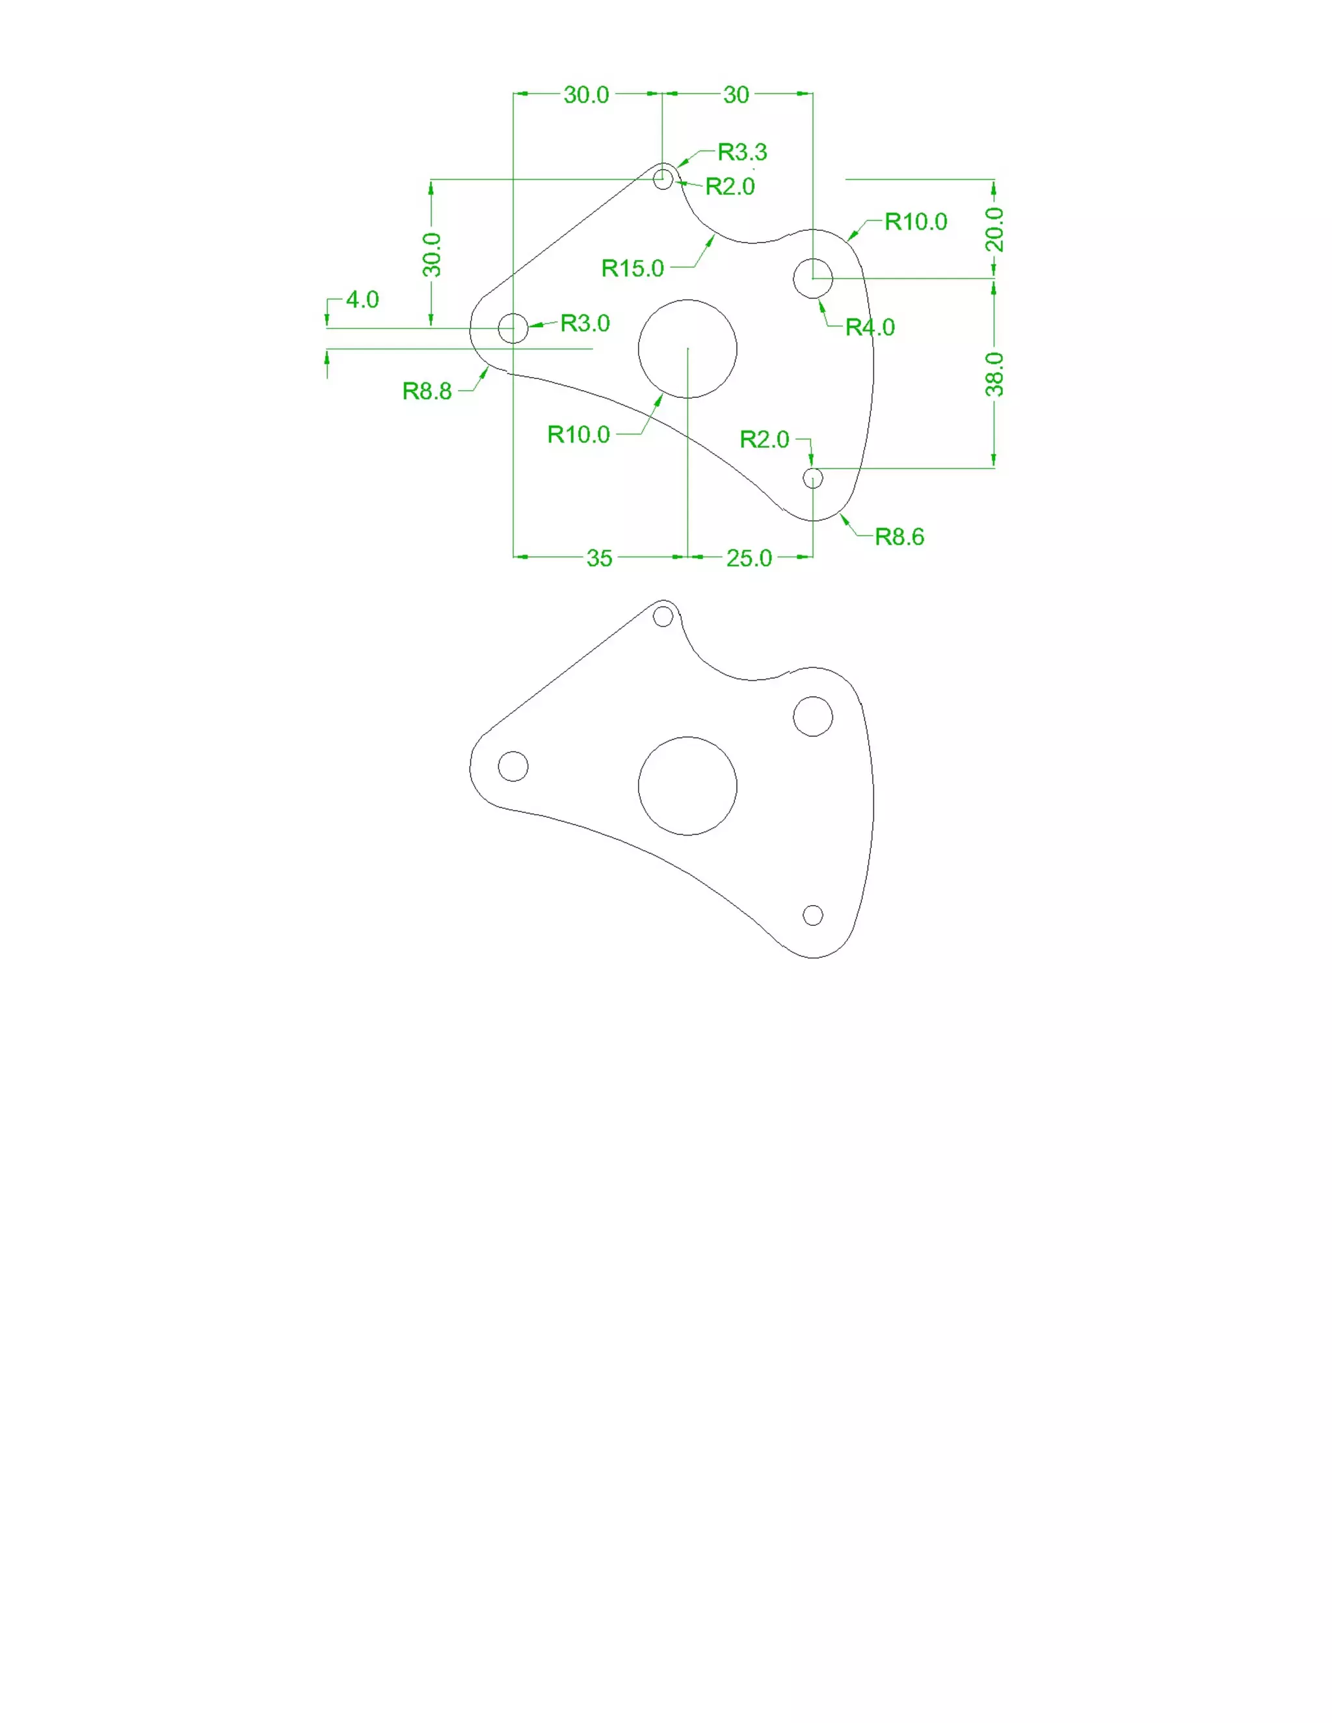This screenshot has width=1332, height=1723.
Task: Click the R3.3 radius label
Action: click(741, 151)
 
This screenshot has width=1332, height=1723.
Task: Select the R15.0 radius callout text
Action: click(632, 269)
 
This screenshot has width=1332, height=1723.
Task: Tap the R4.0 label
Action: click(870, 328)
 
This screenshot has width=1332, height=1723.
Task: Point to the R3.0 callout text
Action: click(585, 323)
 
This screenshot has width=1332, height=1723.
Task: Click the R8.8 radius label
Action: click(427, 391)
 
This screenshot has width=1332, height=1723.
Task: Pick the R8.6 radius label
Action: click(899, 537)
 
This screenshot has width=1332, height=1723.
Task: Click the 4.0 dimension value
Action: click(362, 300)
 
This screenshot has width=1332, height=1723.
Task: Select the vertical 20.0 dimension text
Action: click(994, 230)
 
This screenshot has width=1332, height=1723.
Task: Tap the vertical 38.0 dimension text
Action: click(994, 374)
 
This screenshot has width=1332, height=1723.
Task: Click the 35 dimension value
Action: click(599, 559)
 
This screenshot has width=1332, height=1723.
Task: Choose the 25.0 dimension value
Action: click(749, 559)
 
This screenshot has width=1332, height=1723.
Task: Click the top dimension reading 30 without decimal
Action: click(736, 96)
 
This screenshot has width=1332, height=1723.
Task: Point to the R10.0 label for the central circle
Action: click(578, 435)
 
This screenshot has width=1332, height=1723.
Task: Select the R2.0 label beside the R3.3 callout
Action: click(729, 187)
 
